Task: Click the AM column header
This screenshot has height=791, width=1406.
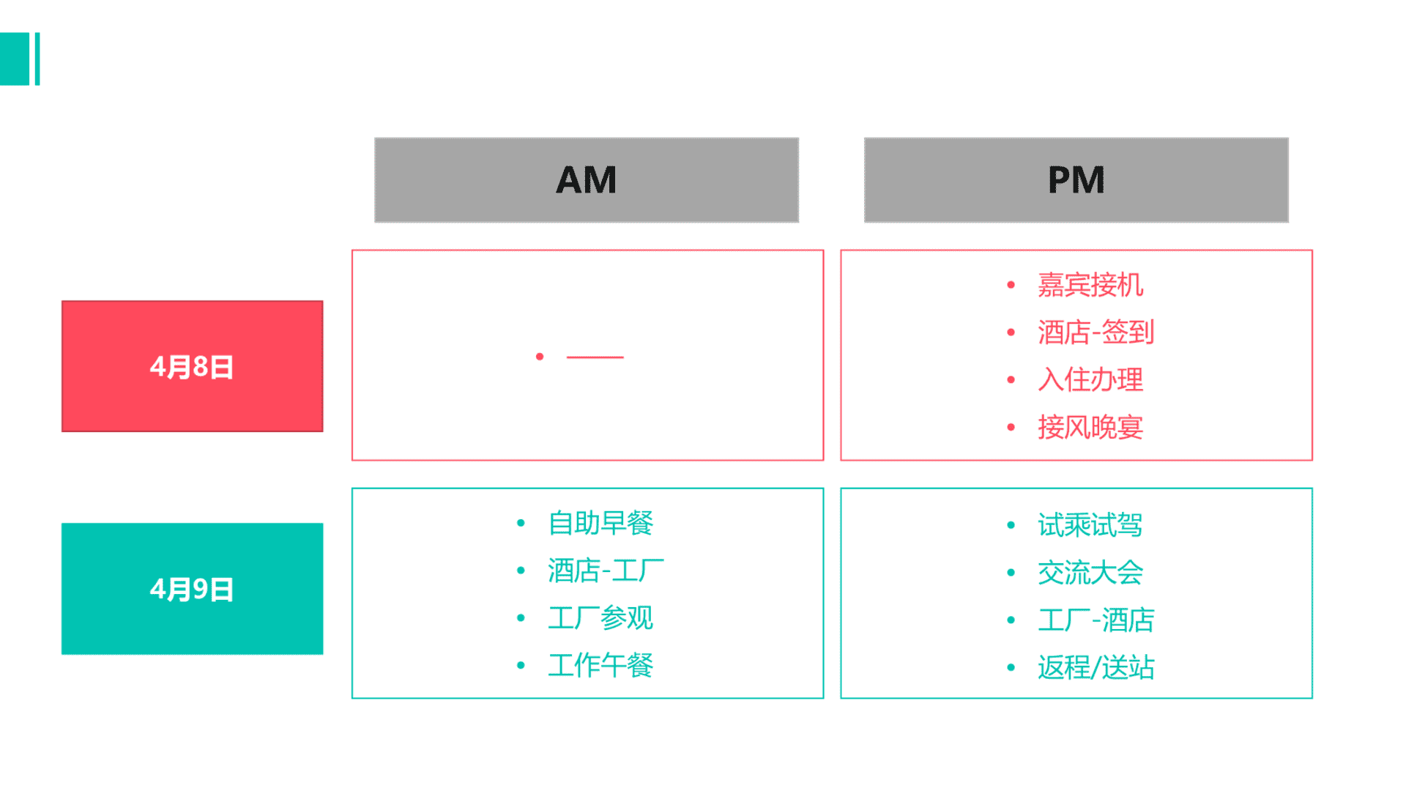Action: pos(587,180)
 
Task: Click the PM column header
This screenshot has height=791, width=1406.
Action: pos(1076,180)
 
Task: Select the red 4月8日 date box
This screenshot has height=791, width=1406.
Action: pos(193,366)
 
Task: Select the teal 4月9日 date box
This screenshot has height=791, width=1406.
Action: pos(193,589)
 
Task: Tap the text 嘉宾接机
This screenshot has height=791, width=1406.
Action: pos(1090,285)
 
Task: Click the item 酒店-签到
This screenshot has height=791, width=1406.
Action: pos(1096,333)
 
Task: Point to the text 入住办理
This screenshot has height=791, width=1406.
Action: pos(1090,380)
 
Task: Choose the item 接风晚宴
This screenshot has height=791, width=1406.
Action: pos(1090,428)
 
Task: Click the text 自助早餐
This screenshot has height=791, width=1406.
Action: pos(600,523)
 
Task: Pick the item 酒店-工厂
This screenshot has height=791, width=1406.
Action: pos(606,571)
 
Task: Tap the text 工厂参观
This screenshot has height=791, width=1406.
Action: pos(600,618)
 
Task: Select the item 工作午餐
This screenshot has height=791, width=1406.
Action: pos(600,666)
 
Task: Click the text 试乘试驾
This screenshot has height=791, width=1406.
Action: pos(1090,525)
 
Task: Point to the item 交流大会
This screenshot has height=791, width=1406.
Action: pos(1090,573)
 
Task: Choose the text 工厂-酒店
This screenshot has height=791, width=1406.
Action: pos(1096,620)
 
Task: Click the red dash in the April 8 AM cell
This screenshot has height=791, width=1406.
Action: pos(595,357)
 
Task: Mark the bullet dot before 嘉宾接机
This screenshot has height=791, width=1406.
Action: pos(1011,285)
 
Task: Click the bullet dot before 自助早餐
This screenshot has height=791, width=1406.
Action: pos(521,523)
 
